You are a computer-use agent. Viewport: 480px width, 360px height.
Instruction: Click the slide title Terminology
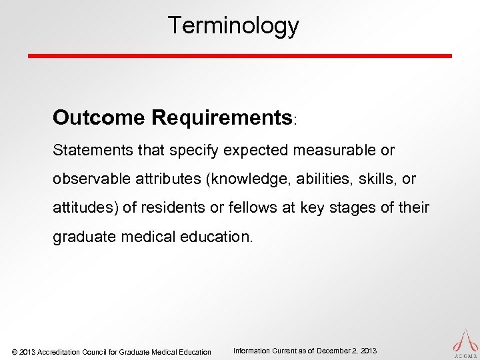[x=233, y=26]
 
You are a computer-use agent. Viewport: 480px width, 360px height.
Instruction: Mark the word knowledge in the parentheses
[x=239, y=179]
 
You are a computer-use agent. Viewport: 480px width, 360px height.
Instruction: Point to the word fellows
[x=247, y=207]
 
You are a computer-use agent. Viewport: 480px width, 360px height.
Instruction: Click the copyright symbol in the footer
[x=15, y=351]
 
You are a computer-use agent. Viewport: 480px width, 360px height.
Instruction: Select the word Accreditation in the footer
[x=61, y=351]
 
